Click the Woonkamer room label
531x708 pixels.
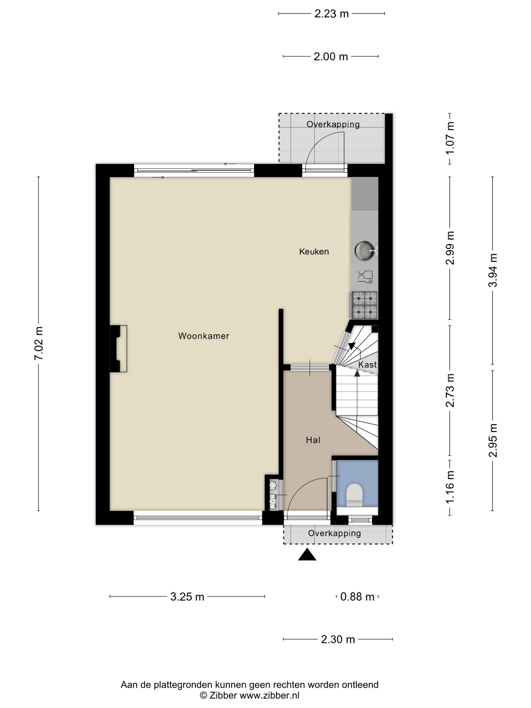204,336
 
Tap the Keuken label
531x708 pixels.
314,252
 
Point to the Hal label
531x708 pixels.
313,440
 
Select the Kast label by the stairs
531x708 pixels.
367,365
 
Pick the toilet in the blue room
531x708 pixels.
355,495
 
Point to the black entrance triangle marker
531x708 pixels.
307,554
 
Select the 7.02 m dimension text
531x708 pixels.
38,343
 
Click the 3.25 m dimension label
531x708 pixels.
187,596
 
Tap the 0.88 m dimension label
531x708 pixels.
357,596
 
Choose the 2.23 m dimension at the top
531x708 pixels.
331,14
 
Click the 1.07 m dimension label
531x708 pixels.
450,138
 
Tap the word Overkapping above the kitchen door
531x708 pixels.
333,124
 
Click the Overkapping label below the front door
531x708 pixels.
335,533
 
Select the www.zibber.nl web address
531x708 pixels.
270,695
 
